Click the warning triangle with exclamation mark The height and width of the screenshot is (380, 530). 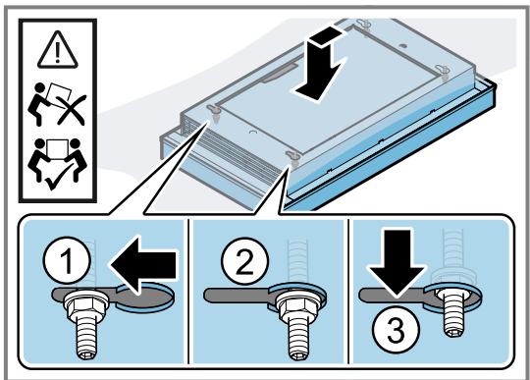pyautogui.click(x=58, y=50)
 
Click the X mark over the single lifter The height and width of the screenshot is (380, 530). pyautogui.click(x=72, y=110)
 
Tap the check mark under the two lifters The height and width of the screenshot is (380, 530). pyautogui.click(x=55, y=179)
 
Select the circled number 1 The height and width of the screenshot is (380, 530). pyautogui.click(x=68, y=260)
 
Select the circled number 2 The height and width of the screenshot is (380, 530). pyautogui.click(x=245, y=261)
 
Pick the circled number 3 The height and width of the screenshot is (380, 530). pyautogui.click(x=396, y=329)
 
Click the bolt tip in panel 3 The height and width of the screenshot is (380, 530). pyautogui.click(x=453, y=332)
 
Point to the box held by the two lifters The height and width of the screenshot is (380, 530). pyautogui.click(x=56, y=148)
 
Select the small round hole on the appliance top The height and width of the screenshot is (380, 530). pyautogui.click(x=401, y=45)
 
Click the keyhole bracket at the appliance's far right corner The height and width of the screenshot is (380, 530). pyautogui.click(x=442, y=70)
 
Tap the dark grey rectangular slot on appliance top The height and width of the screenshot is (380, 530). pyautogui.click(x=279, y=73)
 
